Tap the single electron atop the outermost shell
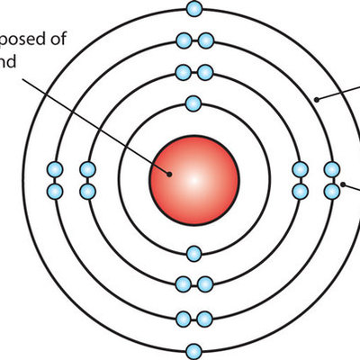(x=194, y=9)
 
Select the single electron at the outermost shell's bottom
(x=194, y=350)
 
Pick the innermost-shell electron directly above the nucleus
(x=194, y=102)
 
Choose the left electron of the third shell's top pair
(x=184, y=40)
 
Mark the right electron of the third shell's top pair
(x=205, y=40)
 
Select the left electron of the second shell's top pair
(x=184, y=72)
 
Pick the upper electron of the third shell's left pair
(x=55, y=168)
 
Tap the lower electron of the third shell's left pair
(x=55, y=190)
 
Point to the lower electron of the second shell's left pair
(x=87, y=190)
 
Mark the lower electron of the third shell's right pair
(x=332, y=190)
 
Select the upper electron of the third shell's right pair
(x=332, y=168)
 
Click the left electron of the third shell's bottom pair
(x=184, y=318)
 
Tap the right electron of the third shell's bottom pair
(x=205, y=318)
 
